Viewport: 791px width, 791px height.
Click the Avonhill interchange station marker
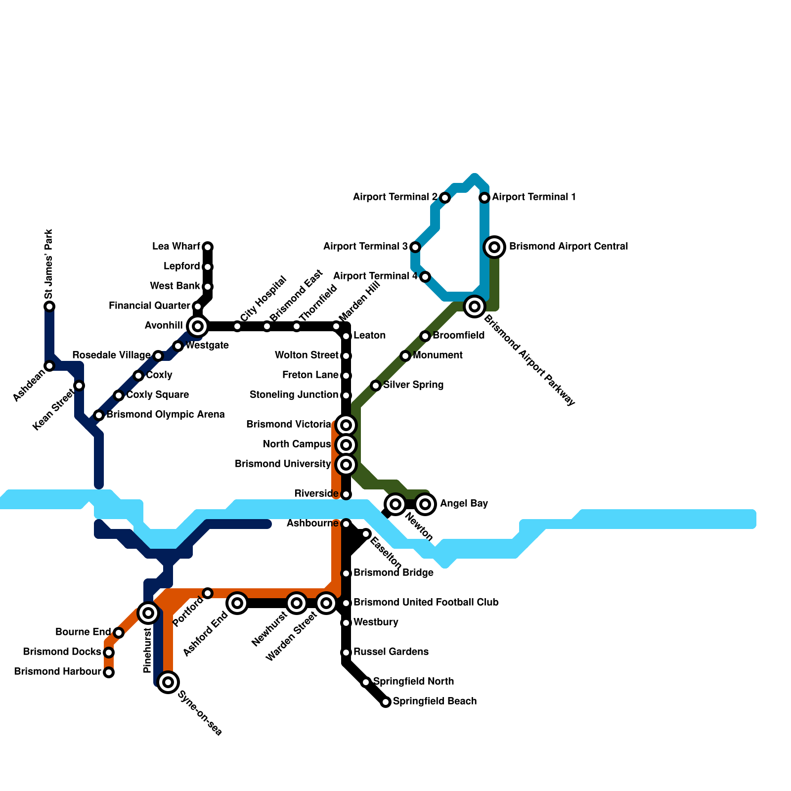click(198, 326)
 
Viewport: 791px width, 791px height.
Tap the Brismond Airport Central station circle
click(494, 247)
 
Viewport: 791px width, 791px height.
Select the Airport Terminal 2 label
click(395, 197)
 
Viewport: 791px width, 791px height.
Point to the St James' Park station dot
click(49, 307)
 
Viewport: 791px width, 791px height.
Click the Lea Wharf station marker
click(208, 247)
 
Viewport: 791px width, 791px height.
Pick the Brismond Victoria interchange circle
click(346, 425)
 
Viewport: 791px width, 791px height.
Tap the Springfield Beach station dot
click(386, 702)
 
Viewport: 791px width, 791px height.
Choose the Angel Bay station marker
click(425, 504)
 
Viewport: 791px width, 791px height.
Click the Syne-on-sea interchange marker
click(168, 682)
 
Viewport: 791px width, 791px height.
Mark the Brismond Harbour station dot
click(109, 672)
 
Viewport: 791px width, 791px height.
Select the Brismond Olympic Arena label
click(166, 415)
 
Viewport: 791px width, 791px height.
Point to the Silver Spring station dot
click(376, 386)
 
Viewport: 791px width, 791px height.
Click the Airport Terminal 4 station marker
click(425, 277)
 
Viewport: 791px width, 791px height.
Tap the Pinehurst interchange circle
click(148, 613)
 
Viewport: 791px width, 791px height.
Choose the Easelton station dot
click(366, 534)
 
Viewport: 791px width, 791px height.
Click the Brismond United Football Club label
click(426, 603)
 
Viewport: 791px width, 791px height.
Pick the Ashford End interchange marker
click(237, 603)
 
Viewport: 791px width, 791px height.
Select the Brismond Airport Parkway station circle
click(475, 307)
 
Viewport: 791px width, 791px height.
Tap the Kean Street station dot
click(79, 386)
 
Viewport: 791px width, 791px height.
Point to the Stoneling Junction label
click(294, 395)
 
